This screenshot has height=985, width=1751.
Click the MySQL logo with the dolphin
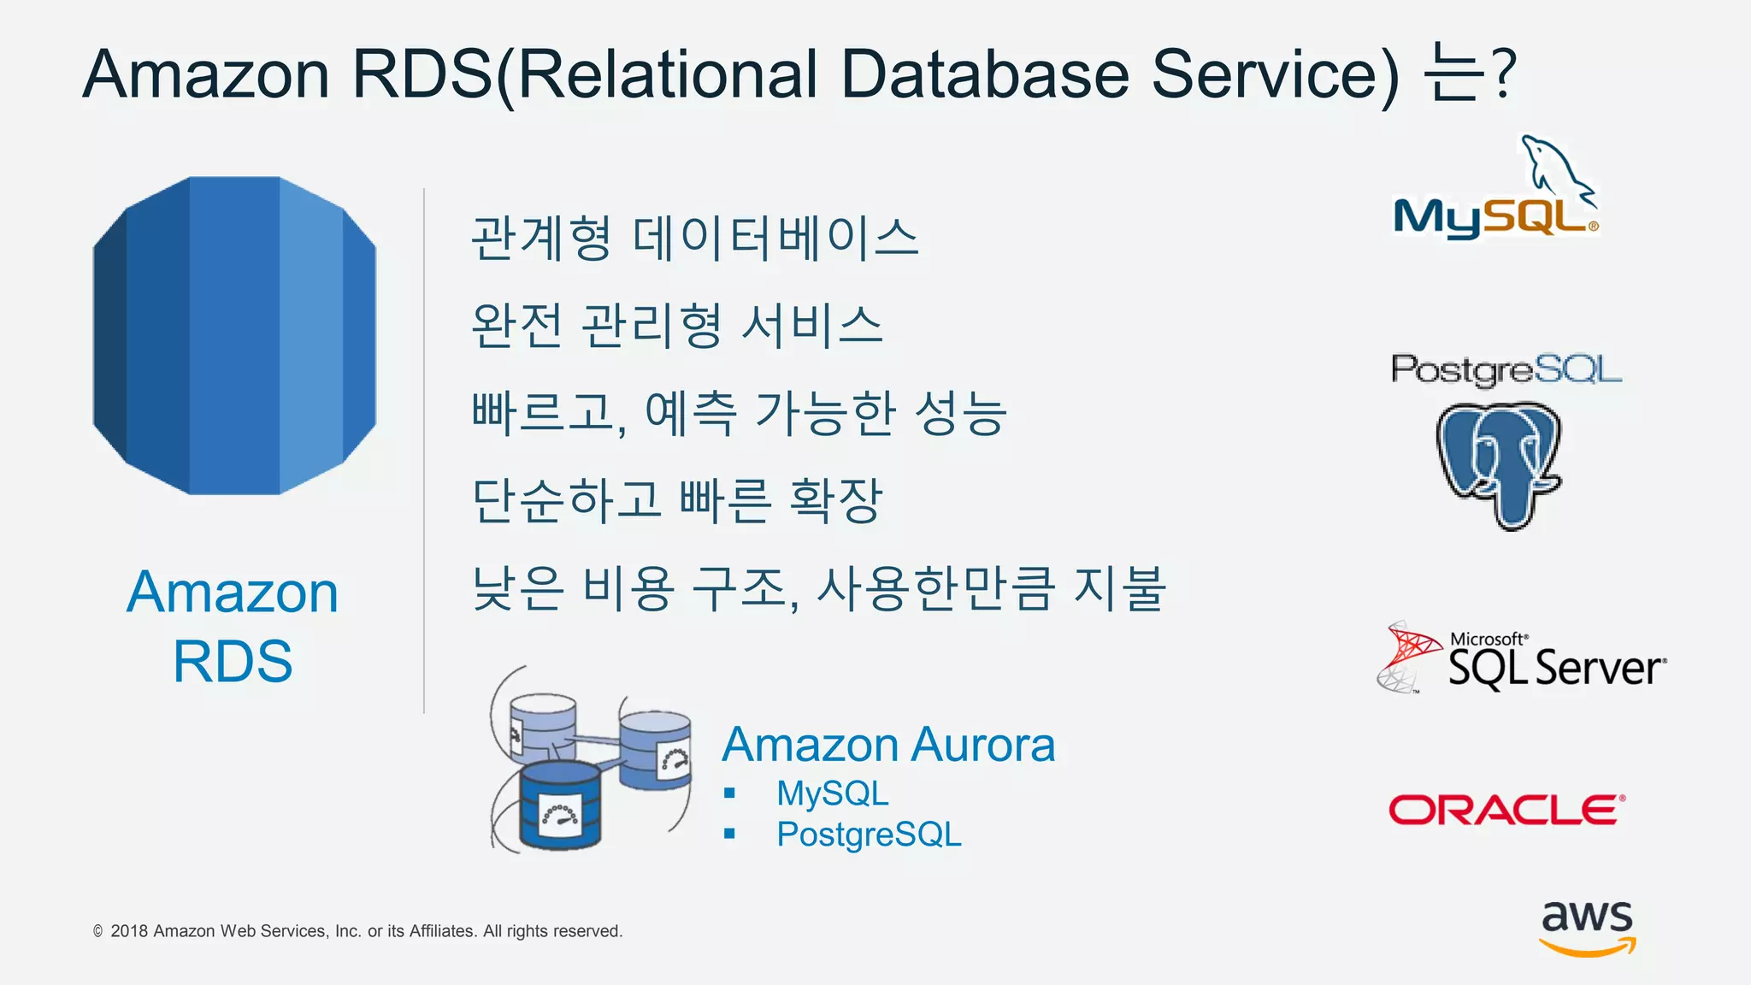[x=1496, y=192]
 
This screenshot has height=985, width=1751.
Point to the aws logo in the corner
[x=1587, y=927]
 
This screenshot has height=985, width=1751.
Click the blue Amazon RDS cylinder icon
[x=234, y=335]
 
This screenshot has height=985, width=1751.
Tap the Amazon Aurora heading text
[x=888, y=745]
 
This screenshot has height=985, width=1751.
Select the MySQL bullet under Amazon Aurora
[x=832, y=793]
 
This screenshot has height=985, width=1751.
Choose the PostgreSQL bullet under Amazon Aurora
[x=869, y=835]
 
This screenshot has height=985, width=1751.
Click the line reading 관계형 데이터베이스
[x=694, y=239]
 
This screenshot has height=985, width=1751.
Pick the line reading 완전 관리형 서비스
[x=676, y=326]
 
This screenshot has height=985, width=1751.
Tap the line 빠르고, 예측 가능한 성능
[x=740, y=413]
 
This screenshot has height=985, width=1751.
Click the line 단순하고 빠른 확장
[x=676, y=500]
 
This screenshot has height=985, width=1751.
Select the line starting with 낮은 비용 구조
[x=818, y=588]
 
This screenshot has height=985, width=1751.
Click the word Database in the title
[x=985, y=74]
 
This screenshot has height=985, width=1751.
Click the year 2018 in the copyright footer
[x=129, y=931]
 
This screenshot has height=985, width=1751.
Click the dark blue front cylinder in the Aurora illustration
[x=560, y=805]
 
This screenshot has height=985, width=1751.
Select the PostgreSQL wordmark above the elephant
[x=1506, y=370]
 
